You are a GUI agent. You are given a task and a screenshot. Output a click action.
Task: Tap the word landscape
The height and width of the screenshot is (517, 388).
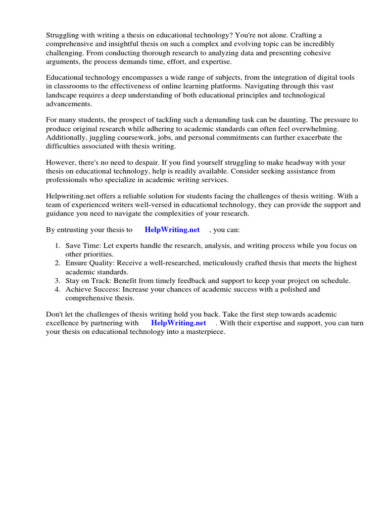click(x=63, y=95)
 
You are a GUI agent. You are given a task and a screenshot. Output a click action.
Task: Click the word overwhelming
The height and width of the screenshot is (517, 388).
click(x=312, y=129)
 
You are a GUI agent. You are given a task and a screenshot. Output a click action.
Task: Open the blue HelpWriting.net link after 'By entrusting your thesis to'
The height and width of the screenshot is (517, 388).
click(x=172, y=230)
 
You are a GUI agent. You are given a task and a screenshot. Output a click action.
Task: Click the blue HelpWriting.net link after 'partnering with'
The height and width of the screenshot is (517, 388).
click(x=178, y=323)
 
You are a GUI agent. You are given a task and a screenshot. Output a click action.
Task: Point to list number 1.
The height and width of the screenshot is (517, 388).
click(x=57, y=246)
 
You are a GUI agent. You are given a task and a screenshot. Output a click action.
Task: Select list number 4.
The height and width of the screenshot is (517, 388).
click(x=57, y=289)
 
